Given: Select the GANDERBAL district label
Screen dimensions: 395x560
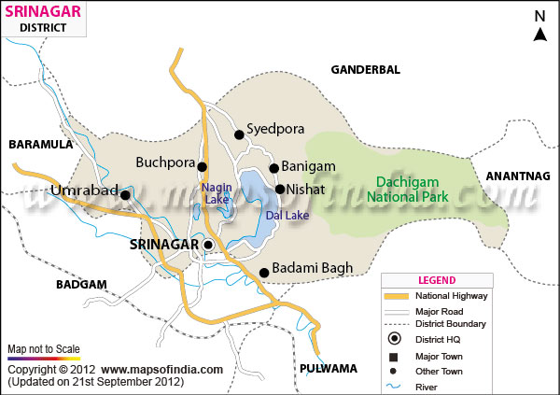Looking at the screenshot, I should coord(365,69).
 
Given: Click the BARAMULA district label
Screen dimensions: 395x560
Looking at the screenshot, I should coord(40,145).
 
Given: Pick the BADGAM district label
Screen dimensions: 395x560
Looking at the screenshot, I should coord(81,284).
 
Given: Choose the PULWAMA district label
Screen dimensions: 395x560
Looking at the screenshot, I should coord(329,368).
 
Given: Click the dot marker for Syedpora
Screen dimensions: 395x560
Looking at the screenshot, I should coord(239,134).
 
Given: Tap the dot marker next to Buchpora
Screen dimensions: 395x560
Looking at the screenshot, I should coord(202,166).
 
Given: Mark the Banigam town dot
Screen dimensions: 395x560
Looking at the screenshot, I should coord(274,168).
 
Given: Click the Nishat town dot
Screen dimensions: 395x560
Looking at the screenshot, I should coord(279,189).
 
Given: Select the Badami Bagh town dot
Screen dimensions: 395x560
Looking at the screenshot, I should coord(264,273).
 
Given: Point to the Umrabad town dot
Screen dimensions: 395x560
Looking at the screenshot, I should coord(125,194).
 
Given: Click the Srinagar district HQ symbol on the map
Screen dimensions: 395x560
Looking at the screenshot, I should coord(208,246).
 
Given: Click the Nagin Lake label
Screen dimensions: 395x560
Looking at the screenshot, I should coord(216,193).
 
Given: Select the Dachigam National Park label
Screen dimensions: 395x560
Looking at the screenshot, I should coord(412,189).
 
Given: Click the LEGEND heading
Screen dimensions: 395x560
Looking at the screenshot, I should coord(437,279).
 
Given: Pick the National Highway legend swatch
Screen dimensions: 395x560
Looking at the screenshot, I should coord(397,296).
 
